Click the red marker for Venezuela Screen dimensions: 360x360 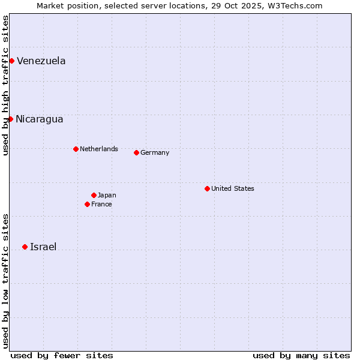click(11, 61)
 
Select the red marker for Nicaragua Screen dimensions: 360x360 click(10, 119)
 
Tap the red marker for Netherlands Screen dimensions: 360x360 click(76, 149)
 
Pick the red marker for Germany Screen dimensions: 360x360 click(136, 152)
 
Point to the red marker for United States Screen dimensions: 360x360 click(207, 188)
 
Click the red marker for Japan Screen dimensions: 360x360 click(94, 195)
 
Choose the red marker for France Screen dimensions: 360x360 click(87, 204)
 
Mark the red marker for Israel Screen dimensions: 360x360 click(25, 247)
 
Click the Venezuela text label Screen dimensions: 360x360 click(41, 61)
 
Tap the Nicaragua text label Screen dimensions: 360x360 click(39, 119)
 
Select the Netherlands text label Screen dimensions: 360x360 click(98, 149)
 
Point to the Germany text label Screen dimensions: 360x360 click(155, 152)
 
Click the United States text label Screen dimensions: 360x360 click(232, 188)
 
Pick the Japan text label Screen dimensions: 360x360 click(107, 195)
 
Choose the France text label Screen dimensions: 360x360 click(101, 204)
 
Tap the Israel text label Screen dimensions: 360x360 click(43, 247)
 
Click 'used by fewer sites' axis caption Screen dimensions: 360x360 click(62, 355)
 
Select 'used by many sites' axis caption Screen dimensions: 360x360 click(301, 355)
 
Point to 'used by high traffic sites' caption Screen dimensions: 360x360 click(5, 85)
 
